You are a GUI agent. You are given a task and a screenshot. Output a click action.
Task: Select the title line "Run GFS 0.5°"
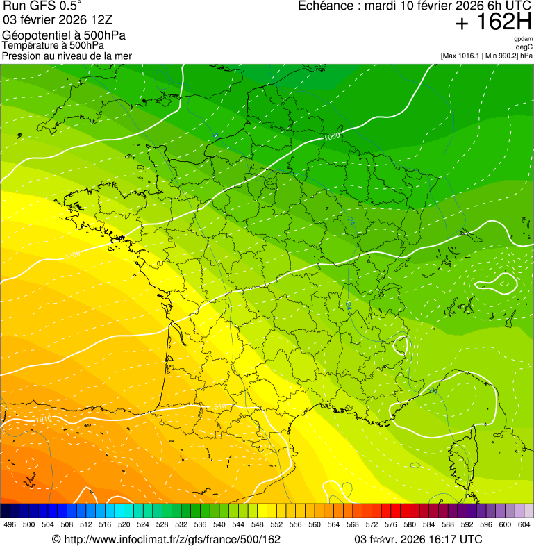tap(42, 6)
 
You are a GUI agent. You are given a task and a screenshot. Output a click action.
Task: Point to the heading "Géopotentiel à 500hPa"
tap(64, 35)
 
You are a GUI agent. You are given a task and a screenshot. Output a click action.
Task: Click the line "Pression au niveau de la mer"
tap(67, 56)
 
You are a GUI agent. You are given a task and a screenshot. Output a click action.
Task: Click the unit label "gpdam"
tap(523, 39)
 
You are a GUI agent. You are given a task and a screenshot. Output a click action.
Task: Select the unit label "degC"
tap(524, 47)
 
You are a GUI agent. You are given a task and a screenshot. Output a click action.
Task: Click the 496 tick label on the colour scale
tap(10, 525)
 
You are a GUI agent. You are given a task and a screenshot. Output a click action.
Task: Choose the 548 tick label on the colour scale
tap(258, 525)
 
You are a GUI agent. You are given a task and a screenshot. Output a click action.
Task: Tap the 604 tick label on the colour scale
tap(524, 525)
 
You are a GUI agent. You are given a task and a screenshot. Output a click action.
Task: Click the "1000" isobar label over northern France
tap(333, 137)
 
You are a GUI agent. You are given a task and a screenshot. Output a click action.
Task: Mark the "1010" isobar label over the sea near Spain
tap(43, 419)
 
